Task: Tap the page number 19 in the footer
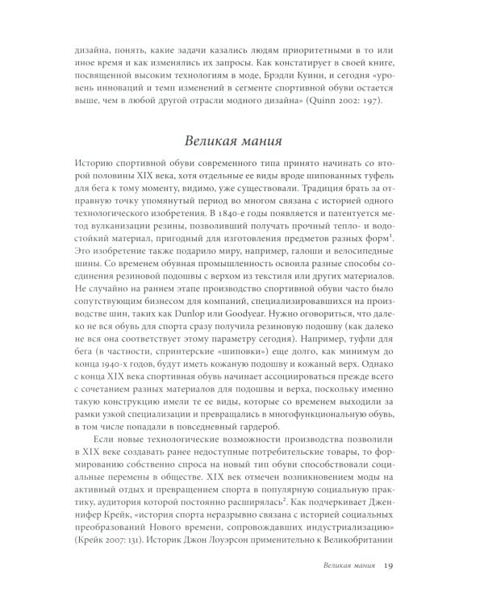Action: click(x=390, y=565)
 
